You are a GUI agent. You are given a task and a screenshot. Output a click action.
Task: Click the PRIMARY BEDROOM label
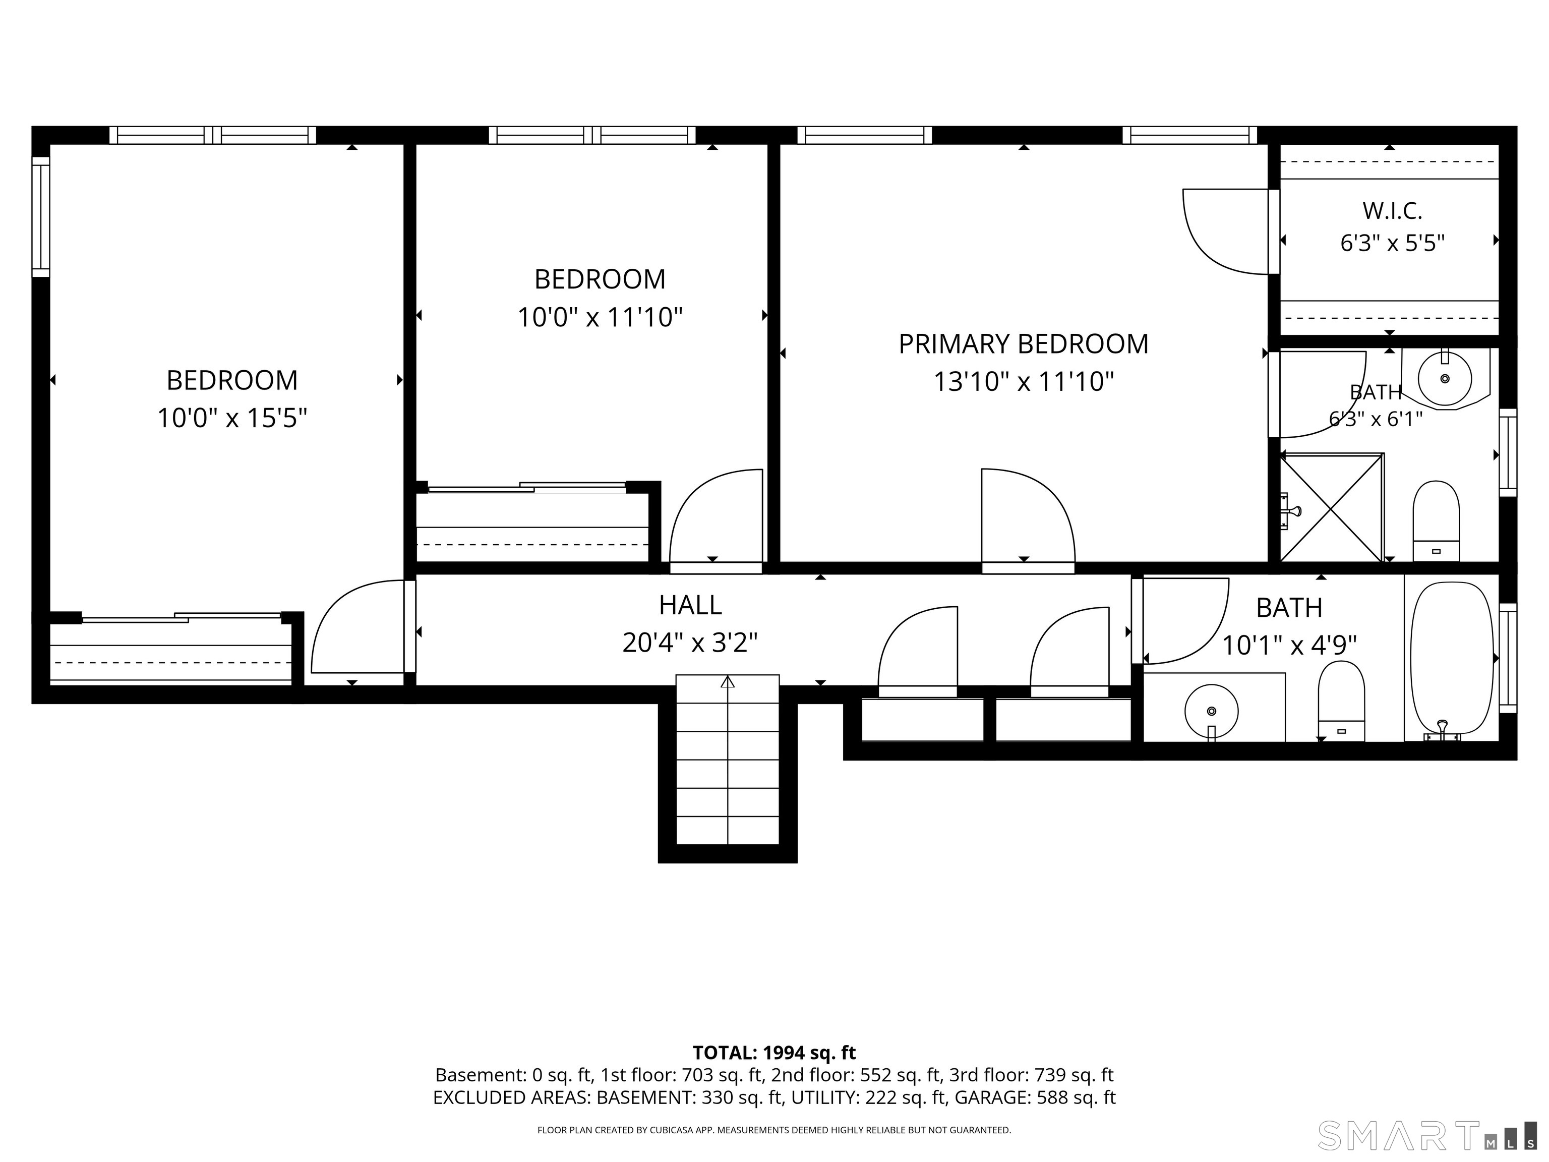tap(1023, 344)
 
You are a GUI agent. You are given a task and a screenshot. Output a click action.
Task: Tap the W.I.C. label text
tap(1392, 210)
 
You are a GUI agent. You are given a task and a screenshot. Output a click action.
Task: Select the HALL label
tap(690, 605)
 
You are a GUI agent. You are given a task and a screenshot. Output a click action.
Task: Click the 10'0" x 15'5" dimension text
tap(232, 418)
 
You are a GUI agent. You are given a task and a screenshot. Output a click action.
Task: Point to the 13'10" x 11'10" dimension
tap(1023, 382)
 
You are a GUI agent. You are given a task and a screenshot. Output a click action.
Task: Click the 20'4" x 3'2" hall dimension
tap(690, 643)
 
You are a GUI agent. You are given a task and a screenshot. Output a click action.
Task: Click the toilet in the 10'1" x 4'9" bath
tap(1341, 701)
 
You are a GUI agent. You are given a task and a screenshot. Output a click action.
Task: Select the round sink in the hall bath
tap(1212, 711)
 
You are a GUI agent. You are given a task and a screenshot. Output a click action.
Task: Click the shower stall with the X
tap(1331, 508)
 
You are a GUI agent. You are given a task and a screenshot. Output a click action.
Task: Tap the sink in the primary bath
tap(1444, 378)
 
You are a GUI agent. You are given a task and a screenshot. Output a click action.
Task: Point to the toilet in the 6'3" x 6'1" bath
tap(1436, 520)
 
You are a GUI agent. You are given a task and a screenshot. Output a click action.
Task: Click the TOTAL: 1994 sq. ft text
tap(774, 1053)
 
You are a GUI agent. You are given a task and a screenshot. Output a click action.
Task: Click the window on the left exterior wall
tap(41, 216)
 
